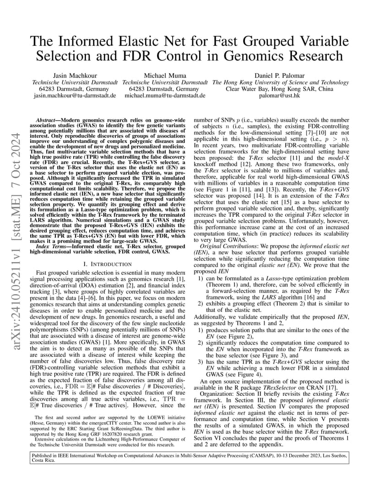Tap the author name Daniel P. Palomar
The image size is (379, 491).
click(281, 75)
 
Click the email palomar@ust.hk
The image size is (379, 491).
click(281, 96)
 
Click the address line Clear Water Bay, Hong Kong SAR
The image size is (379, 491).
click(281, 89)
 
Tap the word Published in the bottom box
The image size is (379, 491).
click(44, 456)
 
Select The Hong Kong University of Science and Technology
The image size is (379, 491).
click(281, 82)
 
